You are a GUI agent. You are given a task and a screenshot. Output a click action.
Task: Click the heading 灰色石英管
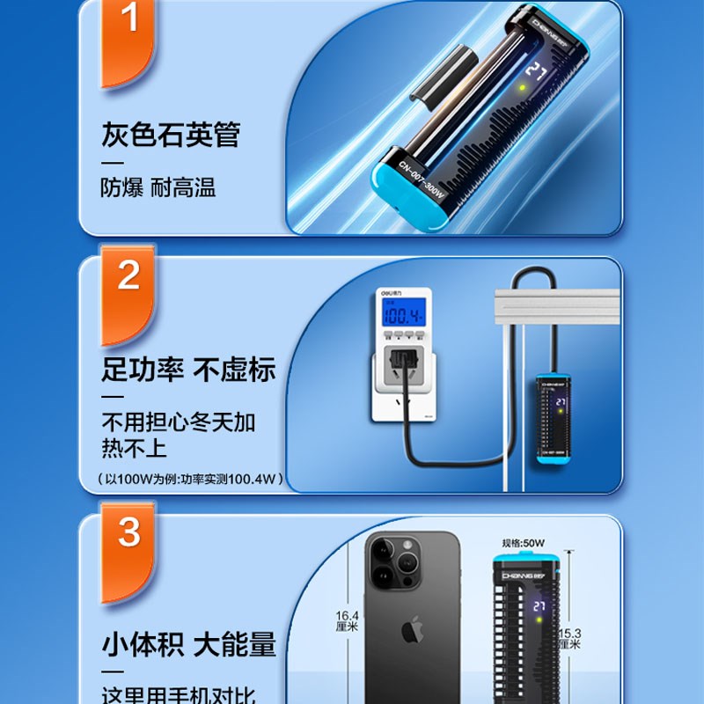click(171, 136)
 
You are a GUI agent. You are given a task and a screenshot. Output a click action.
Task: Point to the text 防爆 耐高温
click(158, 187)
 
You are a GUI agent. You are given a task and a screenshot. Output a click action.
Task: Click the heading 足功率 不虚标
click(187, 370)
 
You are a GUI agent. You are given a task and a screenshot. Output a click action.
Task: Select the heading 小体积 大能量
click(187, 645)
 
